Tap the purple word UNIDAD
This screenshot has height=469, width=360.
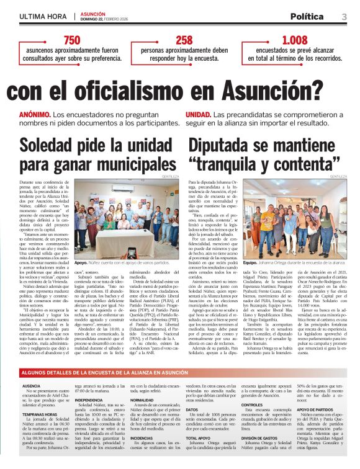tap(198, 115)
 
